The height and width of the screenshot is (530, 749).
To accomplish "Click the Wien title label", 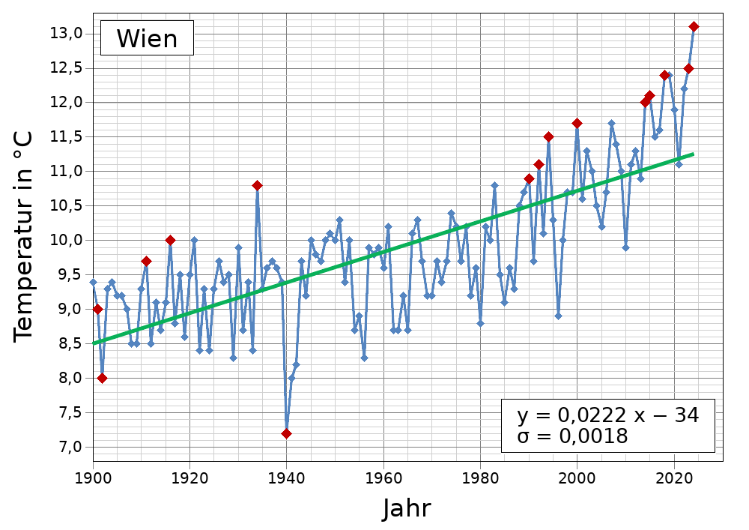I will click(147, 38).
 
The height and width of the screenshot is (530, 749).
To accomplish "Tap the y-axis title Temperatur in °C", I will click(23, 237).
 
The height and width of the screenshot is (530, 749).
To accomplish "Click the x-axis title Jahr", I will click(407, 509).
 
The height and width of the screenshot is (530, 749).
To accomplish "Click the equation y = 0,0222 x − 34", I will click(607, 416).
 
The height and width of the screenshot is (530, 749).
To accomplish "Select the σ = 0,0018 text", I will click(572, 436).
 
